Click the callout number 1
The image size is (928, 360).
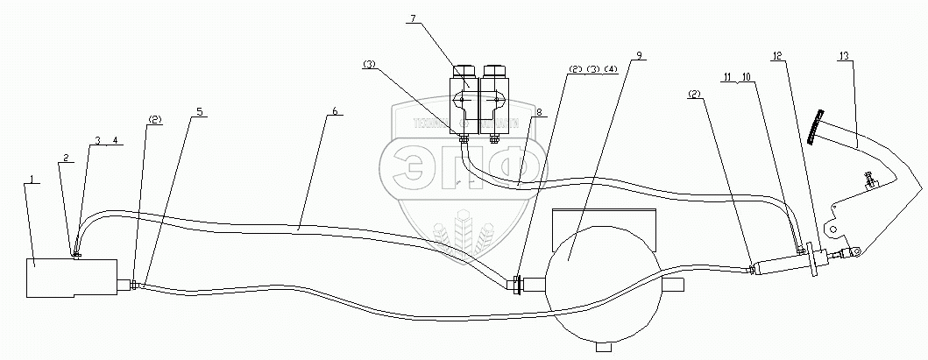[32, 180]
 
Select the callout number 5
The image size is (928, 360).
[200, 112]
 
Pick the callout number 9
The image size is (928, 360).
[641, 55]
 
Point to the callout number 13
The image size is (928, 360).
[843, 55]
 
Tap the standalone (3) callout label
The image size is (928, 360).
[370, 65]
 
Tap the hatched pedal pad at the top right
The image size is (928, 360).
[818, 128]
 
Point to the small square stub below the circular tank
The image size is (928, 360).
[601, 346]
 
